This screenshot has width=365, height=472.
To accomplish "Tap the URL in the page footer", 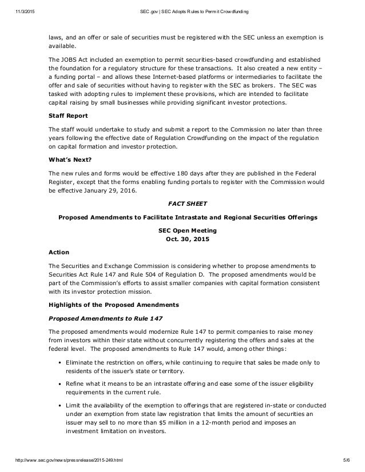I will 63,466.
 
